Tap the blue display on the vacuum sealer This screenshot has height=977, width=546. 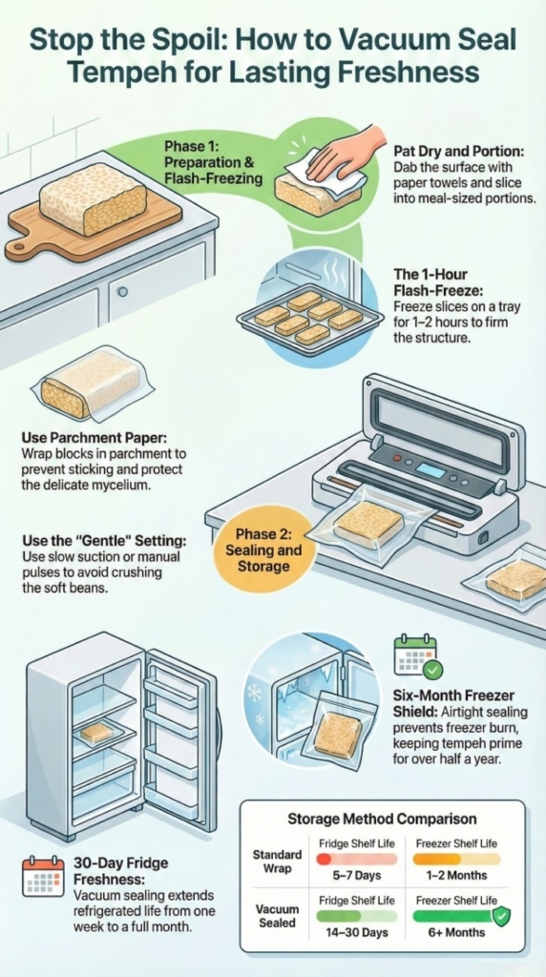(x=430, y=470)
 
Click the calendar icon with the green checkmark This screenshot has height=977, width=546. (x=416, y=657)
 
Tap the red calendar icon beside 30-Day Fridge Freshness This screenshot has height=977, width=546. (x=42, y=876)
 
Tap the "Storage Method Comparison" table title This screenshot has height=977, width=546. (x=382, y=819)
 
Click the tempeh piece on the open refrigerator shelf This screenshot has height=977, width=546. (x=96, y=732)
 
